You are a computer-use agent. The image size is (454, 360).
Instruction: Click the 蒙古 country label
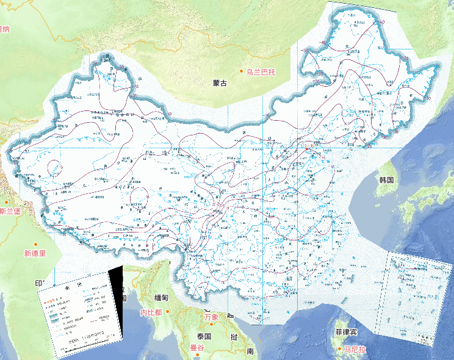tap(220, 83)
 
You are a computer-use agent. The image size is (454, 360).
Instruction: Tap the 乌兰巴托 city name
tap(262, 72)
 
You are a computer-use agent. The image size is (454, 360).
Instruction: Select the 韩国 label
tap(386, 180)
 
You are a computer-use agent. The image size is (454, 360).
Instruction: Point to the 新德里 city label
tap(35, 253)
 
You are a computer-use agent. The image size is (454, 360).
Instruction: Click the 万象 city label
tap(211, 317)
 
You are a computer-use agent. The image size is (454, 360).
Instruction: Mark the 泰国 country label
tap(203, 336)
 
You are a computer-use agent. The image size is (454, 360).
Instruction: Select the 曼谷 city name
tap(196, 348)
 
